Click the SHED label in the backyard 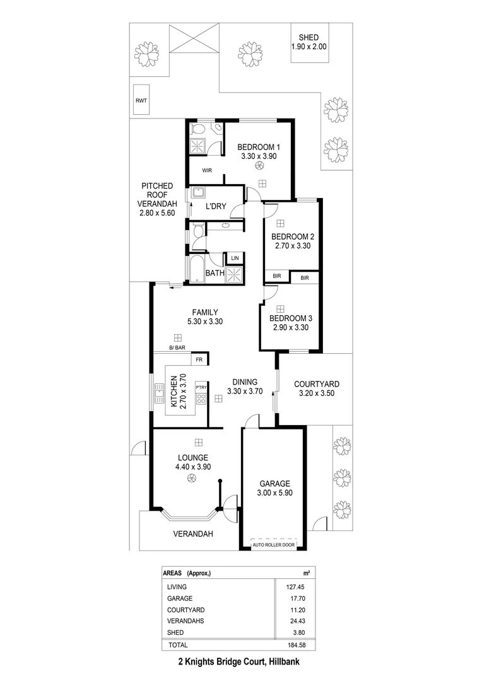pos(309,37)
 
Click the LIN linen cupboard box pos(235,258)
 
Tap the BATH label pos(215,273)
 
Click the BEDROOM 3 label pos(290,318)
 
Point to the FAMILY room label pos(205,312)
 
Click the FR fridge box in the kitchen pos(199,359)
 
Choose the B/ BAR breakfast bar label pos(177,348)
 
